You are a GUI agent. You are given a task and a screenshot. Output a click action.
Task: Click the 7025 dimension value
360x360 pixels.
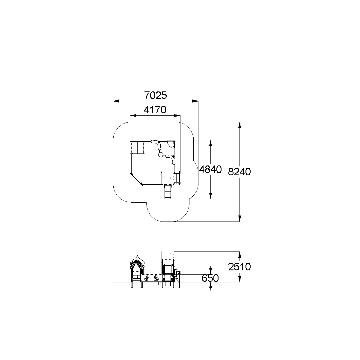click(156, 95)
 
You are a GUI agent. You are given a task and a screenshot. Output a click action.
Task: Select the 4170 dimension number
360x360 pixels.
click(155, 110)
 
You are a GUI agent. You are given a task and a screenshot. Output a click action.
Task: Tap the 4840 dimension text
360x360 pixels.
click(210, 169)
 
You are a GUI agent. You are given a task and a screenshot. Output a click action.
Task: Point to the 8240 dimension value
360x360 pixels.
click(239, 172)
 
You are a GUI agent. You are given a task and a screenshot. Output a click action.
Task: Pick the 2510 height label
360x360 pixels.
click(239, 267)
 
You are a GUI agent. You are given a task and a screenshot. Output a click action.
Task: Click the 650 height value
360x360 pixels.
click(210, 278)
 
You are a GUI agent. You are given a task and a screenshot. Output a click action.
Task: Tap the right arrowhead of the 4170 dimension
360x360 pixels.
click(177, 116)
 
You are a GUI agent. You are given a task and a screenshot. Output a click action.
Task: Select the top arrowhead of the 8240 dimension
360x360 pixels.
click(240, 125)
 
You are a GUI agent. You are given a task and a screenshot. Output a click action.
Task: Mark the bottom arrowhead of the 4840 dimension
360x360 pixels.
click(210, 196)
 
